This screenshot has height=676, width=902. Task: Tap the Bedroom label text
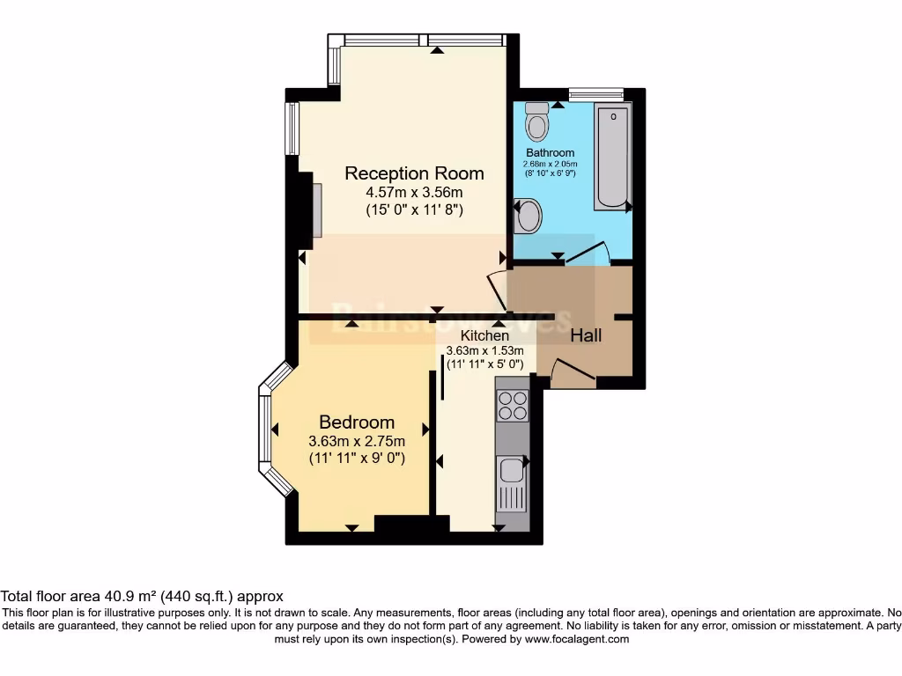tap(357, 422)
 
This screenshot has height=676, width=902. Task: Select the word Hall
tap(586, 335)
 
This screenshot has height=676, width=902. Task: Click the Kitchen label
tap(484, 335)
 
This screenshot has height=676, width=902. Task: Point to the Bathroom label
tap(551, 153)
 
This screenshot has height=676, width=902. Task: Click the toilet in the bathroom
tap(536, 123)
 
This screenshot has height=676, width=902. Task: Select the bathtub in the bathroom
tap(612, 158)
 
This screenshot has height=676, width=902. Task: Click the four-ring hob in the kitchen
tap(512, 405)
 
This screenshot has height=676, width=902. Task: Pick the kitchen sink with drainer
tap(512, 483)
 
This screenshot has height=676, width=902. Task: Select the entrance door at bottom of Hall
tap(572, 372)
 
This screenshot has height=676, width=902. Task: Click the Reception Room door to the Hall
tap(495, 287)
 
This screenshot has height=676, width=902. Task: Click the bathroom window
tap(596, 93)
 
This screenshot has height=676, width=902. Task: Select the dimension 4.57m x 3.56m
tap(414, 192)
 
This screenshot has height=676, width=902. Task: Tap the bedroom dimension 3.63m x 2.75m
tap(357, 441)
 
